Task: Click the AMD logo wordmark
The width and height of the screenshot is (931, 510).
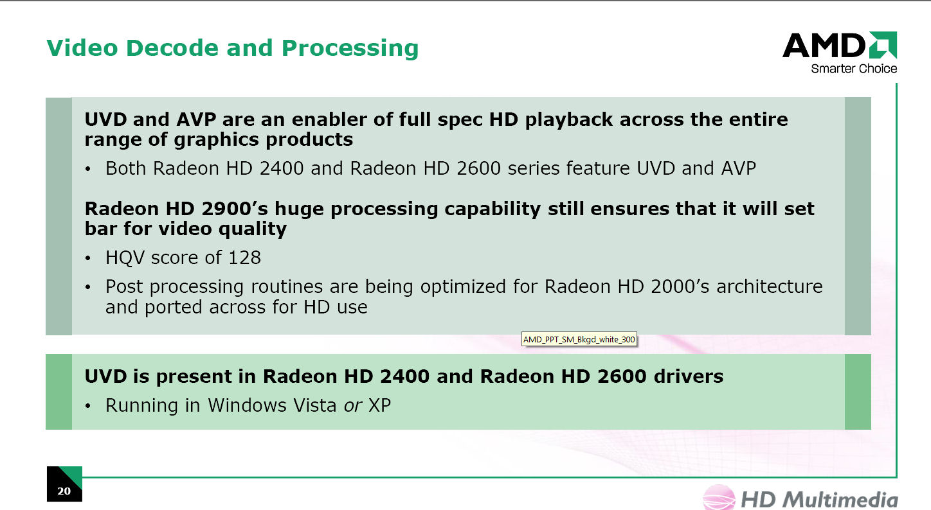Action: click(824, 45)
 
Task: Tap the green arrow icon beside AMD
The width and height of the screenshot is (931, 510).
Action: click(882, 45)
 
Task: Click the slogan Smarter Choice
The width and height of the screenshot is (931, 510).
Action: click(854, 69)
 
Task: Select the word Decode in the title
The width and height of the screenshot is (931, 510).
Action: click(172, 48)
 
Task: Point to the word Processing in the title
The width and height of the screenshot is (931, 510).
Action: click(350, 49)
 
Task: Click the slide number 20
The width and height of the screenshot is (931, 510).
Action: click(64, 491)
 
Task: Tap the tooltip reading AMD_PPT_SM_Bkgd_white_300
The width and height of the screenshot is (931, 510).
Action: click(579, 339)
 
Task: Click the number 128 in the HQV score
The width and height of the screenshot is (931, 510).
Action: click(245, 258)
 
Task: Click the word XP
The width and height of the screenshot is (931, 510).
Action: click(379, 405)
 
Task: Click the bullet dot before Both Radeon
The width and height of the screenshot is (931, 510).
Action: click(87, 170)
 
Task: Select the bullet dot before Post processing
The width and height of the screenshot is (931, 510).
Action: click(87, 287)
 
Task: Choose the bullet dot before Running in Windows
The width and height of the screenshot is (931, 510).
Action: click(87, 406)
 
